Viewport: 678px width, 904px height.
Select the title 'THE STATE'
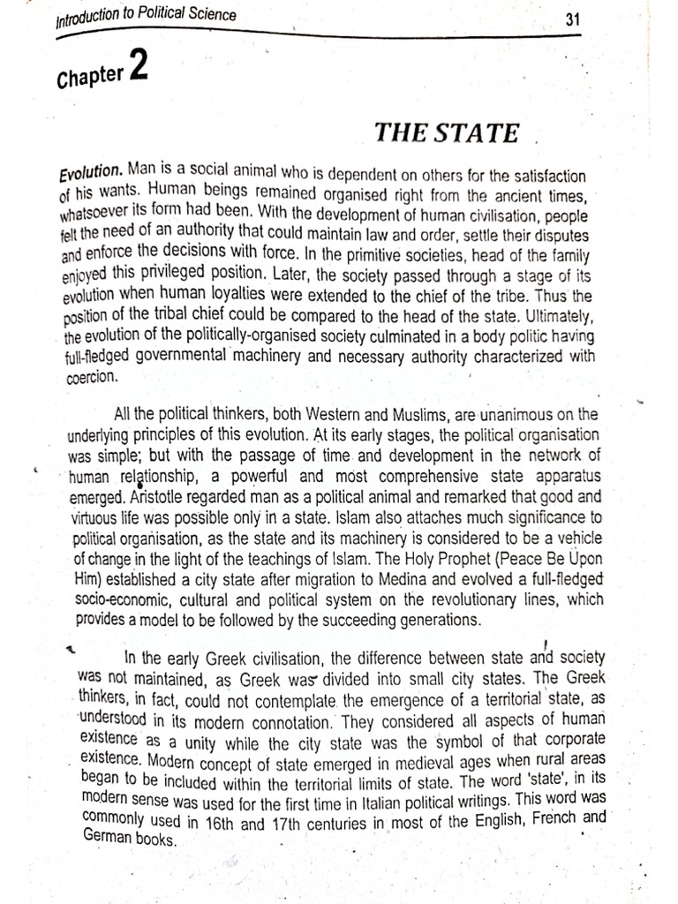[x=447, y=133]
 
